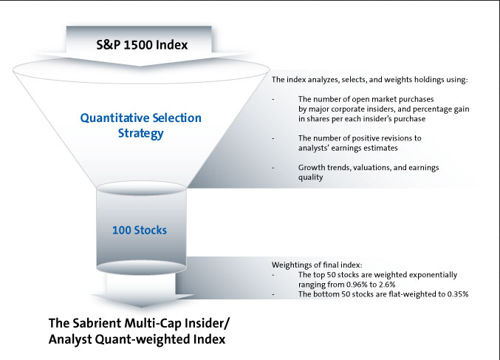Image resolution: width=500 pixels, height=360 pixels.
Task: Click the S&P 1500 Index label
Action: click(142, 44)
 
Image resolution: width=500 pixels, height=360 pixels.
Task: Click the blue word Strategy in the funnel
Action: click(140, 133)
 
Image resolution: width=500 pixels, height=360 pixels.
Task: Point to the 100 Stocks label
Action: click(140, 230)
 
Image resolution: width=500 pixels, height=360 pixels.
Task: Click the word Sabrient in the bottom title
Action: click(97, 323)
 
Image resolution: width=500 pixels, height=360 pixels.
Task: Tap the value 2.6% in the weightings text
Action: click(386, 285)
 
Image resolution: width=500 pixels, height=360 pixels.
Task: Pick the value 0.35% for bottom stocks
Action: click(458, 294)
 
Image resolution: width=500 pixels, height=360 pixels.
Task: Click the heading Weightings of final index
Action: click(317, 265)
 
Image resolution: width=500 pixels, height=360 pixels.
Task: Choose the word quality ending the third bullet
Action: click(311, 177)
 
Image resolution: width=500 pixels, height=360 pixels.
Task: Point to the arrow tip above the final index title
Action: click(141, 307)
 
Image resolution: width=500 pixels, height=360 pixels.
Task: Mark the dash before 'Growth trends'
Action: click(273, 168)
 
